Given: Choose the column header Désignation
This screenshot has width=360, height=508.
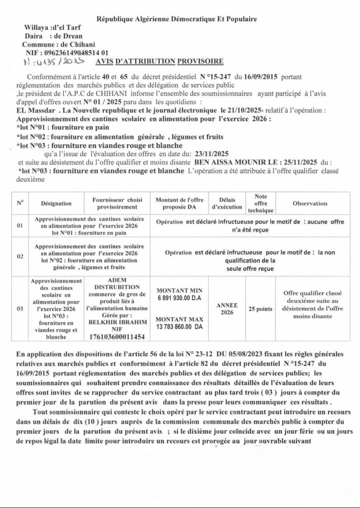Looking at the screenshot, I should click(57, 203).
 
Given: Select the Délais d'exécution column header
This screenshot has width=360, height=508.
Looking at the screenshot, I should click(227, 203).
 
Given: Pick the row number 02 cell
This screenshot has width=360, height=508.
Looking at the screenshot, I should click(20, 257).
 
